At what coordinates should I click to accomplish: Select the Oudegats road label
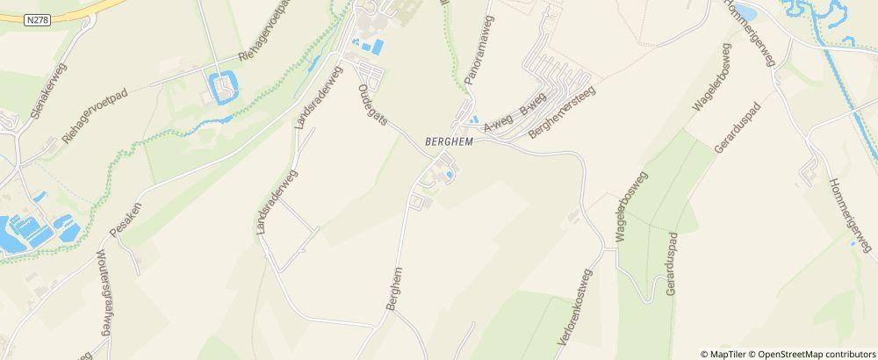tap(371, 105)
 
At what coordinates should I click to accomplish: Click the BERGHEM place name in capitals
tap(448, 142)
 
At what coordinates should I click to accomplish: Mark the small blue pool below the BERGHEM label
tap(450, 176)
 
